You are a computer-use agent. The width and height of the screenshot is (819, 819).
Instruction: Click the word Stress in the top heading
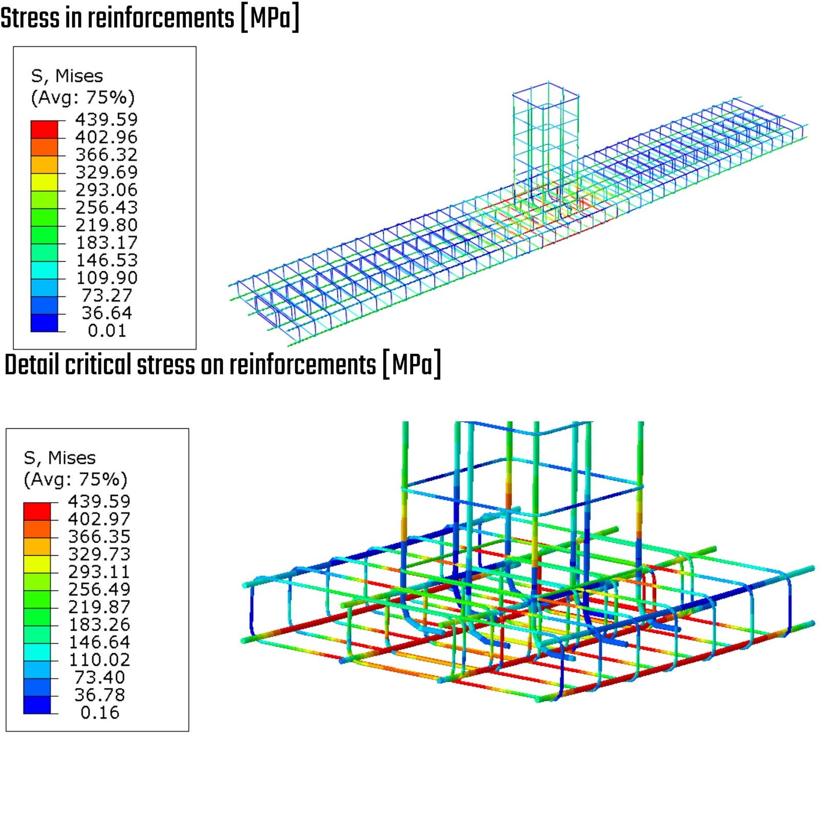pos(30,18)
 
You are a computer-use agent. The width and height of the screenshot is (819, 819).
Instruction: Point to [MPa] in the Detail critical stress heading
pos(412,365)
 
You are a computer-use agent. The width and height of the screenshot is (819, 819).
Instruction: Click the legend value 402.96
pos(106,137)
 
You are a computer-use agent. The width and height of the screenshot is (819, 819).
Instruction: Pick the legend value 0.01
pos(107,331)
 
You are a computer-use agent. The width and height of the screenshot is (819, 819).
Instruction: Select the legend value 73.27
pos(107,295)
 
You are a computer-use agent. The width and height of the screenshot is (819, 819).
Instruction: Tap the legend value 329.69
pos(106,172)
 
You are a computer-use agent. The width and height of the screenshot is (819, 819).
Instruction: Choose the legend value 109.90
pos(106,278)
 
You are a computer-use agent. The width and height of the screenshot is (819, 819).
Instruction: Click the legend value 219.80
pos(106,225)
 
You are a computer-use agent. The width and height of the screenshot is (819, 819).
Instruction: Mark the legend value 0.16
pos(100,713)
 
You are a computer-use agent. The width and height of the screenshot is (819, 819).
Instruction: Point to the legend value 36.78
pos(100,695)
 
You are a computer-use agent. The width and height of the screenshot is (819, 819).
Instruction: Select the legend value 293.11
pos(99,572)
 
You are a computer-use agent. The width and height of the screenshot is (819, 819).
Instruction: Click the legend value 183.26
pos(99,624)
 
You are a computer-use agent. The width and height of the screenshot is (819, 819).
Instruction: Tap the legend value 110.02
pos(99,660)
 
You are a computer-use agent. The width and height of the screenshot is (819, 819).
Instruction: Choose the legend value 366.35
pos(99,536)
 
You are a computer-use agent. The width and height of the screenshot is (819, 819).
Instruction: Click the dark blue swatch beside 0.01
pos(44,323)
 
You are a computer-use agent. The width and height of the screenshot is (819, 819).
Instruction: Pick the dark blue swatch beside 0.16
pos(37,705)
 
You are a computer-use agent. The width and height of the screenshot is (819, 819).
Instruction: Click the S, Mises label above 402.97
pos(60,458)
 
